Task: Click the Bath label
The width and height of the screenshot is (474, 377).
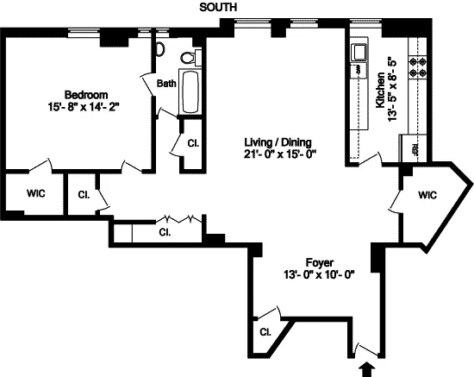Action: tap(166, 84)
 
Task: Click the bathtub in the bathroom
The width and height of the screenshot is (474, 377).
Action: tap(191, 95)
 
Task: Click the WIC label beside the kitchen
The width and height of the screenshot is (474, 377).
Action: tap(428, 196)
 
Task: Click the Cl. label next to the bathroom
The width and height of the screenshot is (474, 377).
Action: tap(192, 142)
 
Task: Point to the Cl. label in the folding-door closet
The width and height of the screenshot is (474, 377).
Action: tap(163, 232)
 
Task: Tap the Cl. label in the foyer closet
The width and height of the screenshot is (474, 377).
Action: tap(266, 331)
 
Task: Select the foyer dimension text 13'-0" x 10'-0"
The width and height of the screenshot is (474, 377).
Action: tap(319, 276)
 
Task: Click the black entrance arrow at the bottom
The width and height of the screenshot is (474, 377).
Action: tap(371, 368)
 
